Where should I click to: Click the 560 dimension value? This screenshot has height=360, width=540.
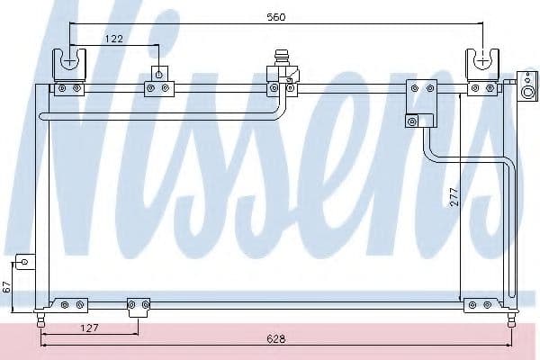276,17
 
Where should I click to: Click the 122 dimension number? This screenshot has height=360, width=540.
113,39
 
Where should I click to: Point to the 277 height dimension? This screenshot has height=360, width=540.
454,197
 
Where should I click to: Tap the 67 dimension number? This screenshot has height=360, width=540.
7,286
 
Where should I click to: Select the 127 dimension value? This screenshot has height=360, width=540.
89,328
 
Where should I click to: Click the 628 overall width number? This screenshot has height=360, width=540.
276,339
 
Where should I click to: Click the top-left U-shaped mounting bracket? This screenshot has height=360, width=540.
69,65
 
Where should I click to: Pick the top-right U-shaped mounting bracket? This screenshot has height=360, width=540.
482,65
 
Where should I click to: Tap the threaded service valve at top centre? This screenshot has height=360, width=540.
281,58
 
